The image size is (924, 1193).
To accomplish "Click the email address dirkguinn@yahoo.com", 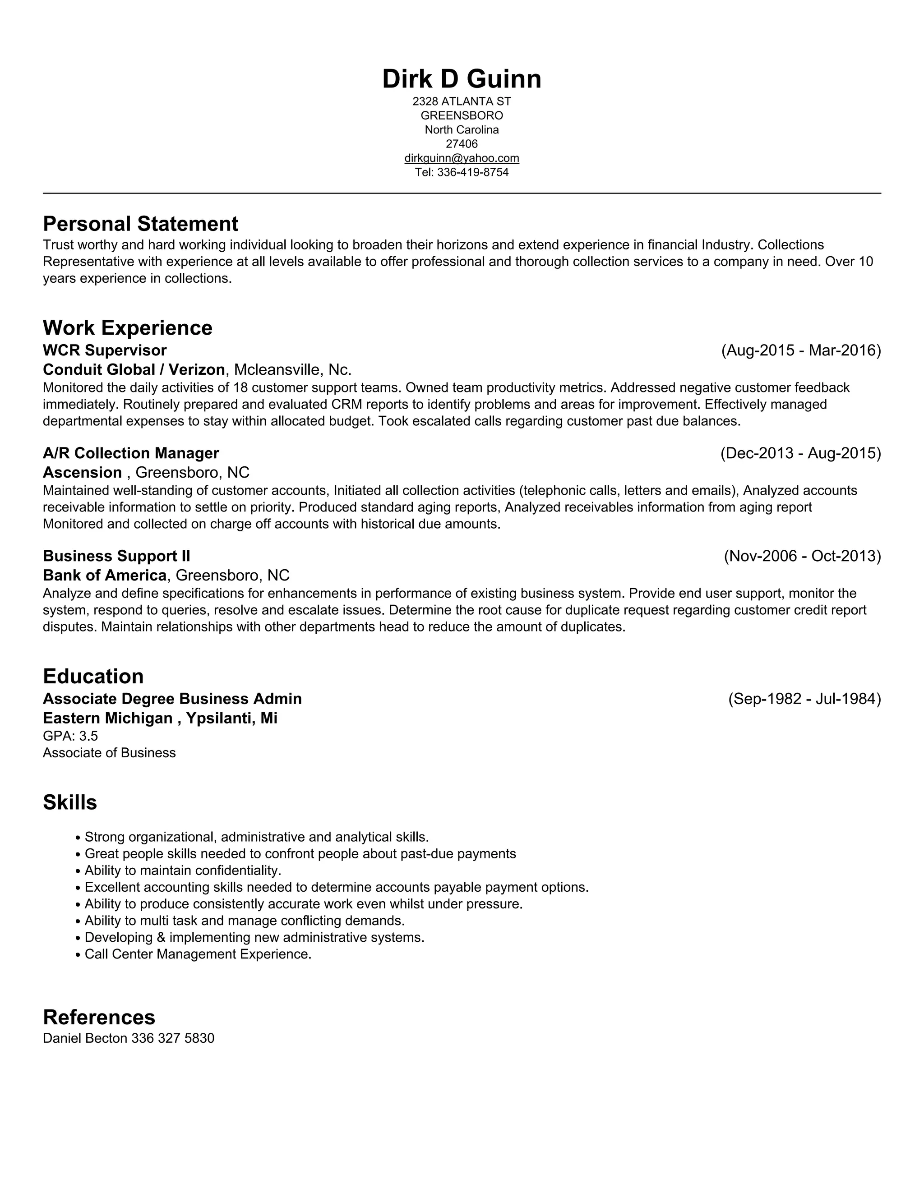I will point(462,158).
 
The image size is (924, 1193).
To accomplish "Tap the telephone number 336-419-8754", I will point(473,173).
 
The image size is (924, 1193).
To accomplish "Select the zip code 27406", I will point(462,144).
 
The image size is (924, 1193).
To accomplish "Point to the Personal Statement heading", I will point(140,224).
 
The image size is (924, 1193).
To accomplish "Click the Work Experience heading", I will point(127,328).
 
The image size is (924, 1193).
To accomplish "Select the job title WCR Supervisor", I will point(104,350).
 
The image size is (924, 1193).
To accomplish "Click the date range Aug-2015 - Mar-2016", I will point(801,350).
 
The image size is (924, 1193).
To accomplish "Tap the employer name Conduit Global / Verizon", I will point(134,370).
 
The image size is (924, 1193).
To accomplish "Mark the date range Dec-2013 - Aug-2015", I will point(800,453).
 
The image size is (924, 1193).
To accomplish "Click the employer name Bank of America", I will point(104,575).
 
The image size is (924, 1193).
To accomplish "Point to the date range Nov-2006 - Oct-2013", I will point(802,556).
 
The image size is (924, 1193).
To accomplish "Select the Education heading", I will point(93,676).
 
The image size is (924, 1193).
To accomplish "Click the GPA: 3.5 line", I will point(70,736).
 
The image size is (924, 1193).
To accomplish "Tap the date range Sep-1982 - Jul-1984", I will point(804,699).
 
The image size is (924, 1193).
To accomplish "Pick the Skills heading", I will point(70,802).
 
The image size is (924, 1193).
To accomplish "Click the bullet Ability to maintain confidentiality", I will point(183,870).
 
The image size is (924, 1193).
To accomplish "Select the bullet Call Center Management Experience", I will point(198,954).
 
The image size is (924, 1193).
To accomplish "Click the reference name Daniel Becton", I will point(85,1038).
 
